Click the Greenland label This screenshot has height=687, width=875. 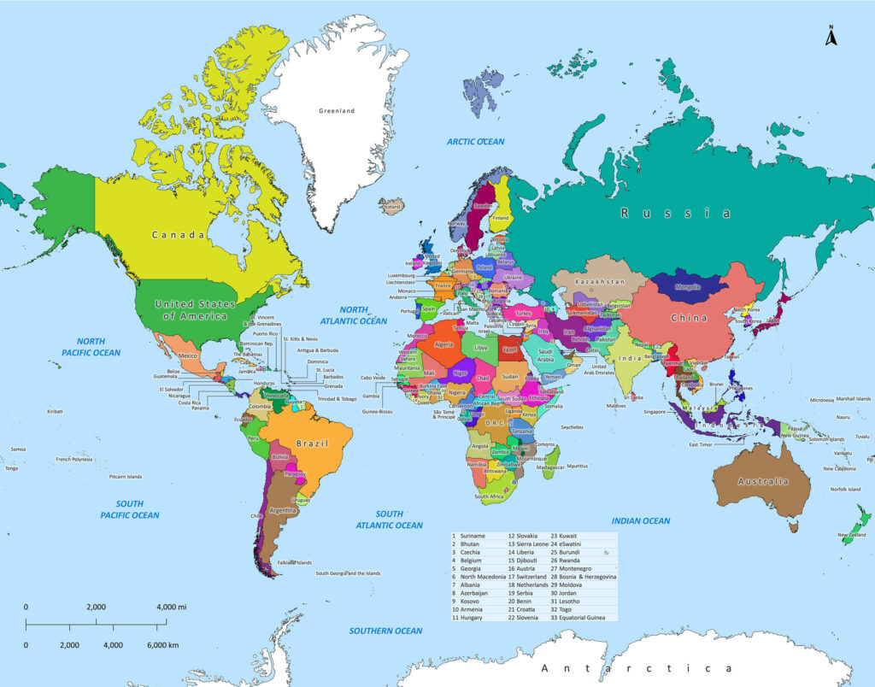336,111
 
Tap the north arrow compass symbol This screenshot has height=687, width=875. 830,35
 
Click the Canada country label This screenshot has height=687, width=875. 178,235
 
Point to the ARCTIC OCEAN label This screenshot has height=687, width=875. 476,142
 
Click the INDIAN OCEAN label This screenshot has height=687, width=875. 640,520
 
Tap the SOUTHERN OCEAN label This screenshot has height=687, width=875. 385,631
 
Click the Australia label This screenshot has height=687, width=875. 763,481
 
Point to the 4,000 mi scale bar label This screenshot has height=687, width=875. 172,607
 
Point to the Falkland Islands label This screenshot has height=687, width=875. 295,562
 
